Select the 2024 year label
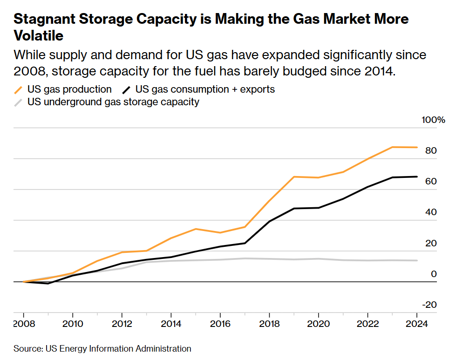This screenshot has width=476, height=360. (416, 324)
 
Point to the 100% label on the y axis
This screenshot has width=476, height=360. (433, 120)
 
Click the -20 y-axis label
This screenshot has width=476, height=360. (430, 305)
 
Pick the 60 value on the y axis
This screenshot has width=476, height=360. (431, 181)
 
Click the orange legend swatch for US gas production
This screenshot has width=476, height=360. (19, 89)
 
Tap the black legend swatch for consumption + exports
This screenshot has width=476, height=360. (126, 89)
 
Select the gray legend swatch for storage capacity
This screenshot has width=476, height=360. (19, 102)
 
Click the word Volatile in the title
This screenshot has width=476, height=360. (39, 35)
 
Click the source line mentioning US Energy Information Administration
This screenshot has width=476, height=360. (102, 348)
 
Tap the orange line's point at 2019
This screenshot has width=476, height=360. (293, 177)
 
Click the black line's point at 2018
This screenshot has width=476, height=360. (269, 221)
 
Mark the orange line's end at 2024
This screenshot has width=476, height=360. (416, 147)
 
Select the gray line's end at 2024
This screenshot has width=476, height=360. (416, 260)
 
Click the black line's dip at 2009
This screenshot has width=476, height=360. (48, 283)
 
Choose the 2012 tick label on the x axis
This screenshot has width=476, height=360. (122, 324)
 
